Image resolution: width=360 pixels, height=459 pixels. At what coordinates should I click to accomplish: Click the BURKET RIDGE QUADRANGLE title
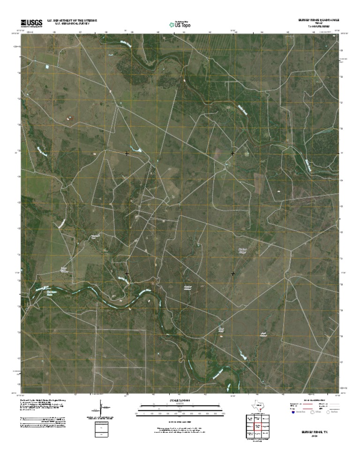(x=315, y=21)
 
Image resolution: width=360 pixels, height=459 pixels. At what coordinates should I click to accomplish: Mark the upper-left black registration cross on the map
(x=127, y=153)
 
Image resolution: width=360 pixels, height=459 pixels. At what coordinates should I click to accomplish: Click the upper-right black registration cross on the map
(x=233, y=153)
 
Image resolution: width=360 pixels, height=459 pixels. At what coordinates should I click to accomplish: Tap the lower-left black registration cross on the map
(x=127, y=273)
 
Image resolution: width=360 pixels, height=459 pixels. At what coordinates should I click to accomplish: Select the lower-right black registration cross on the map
(x=233, y=273)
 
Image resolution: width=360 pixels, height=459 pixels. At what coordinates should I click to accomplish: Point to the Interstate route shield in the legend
(x=293, y=414)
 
